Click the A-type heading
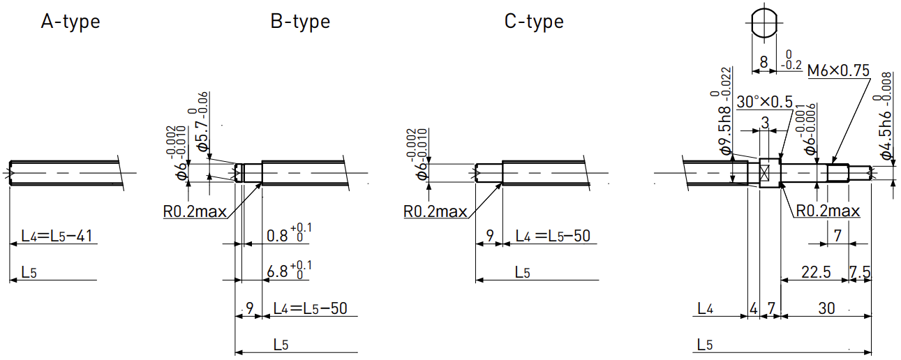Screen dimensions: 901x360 pos(70,22)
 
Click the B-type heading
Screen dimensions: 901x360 pos(300,22)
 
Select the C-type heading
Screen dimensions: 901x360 pos(534,22)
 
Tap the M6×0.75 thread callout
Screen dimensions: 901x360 pos(838,70)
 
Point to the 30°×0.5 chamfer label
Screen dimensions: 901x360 pos(765,102)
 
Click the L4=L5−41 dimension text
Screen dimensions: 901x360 pos(57,236)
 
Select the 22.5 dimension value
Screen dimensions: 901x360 pos(816,272)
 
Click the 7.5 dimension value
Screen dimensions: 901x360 pos(860,272)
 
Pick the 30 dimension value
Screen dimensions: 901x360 pos(826,308)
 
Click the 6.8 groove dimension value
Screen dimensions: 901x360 pos(278,272)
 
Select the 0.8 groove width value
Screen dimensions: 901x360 pos(278,236)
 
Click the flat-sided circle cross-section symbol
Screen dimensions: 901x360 pos(764,22)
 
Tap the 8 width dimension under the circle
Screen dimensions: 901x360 pos(764,62)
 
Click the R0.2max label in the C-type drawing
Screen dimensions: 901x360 pos(435,211)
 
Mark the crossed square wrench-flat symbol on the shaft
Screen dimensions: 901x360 pos(764,173)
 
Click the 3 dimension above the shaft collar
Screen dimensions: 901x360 pos(765,122)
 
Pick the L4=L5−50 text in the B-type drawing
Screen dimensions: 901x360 pos(310,308)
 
